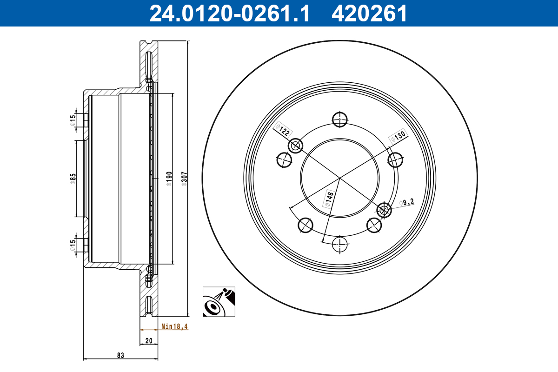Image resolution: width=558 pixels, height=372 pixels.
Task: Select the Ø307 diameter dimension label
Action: [x=184, y=179]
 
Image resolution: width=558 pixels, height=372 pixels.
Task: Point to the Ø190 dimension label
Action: [x=169, y=179]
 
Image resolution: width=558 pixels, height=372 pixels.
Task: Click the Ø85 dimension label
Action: [x=73, y=179]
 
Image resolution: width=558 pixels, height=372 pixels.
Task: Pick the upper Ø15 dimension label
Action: [x=73, y=120]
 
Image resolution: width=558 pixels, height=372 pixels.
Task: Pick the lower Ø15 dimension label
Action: [x=73, y=245]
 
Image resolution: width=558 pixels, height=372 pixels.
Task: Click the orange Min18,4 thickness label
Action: [x=174, y=326]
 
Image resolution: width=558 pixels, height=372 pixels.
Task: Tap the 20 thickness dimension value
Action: [x=149, y=341]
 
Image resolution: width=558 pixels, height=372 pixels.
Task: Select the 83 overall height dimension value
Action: [x=120, y=356]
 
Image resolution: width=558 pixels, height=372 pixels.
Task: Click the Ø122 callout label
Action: [x=283, y=130]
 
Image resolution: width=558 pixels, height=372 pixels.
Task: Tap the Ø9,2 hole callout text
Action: [x=406, y=202]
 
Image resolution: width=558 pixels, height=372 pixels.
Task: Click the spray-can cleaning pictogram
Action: [x=219, y=302]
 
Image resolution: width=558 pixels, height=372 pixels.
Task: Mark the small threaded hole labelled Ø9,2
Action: [x=384, y=210]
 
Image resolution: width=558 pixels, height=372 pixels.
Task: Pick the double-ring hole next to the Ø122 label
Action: [x=296, y=146]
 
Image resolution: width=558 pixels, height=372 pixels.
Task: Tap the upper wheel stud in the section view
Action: [x=85, y=120]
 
